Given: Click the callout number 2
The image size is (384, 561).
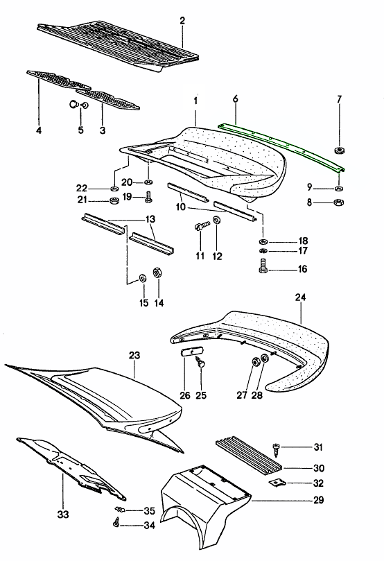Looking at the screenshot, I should (182, 21).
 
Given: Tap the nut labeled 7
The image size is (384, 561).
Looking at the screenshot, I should (339, 151).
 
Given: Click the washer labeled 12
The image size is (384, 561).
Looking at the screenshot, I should (217, 221).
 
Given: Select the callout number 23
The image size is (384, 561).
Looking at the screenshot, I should (134, 355).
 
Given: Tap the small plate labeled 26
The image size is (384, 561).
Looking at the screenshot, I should (188, 353).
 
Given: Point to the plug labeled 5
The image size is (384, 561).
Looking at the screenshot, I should (73, 105).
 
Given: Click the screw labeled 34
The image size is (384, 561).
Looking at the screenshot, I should (116, 524).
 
